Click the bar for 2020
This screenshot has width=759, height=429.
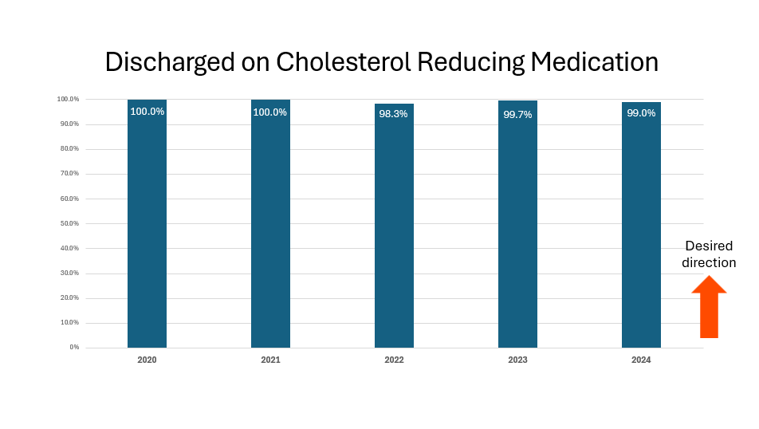[x=147, y=231]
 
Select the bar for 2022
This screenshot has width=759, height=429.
[x=394, y=231]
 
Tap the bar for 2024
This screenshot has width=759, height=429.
[x=641, y=231]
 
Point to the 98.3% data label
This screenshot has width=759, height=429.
[x=394, y=114]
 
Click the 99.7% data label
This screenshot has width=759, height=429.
[x=517, y=115]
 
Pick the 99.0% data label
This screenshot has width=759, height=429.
[x=641, y=113]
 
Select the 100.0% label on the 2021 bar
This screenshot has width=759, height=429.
[x=270, y=112]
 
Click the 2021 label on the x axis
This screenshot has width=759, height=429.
[x=270, y=360]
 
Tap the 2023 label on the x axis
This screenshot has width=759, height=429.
[x=517, y=360]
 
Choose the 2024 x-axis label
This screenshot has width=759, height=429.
[x=641, y=360]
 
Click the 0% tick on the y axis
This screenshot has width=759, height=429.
[x=73, y=348]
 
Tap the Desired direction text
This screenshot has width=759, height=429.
[x=709, y=254]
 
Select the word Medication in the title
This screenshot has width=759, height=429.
[x=592, y=62]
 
